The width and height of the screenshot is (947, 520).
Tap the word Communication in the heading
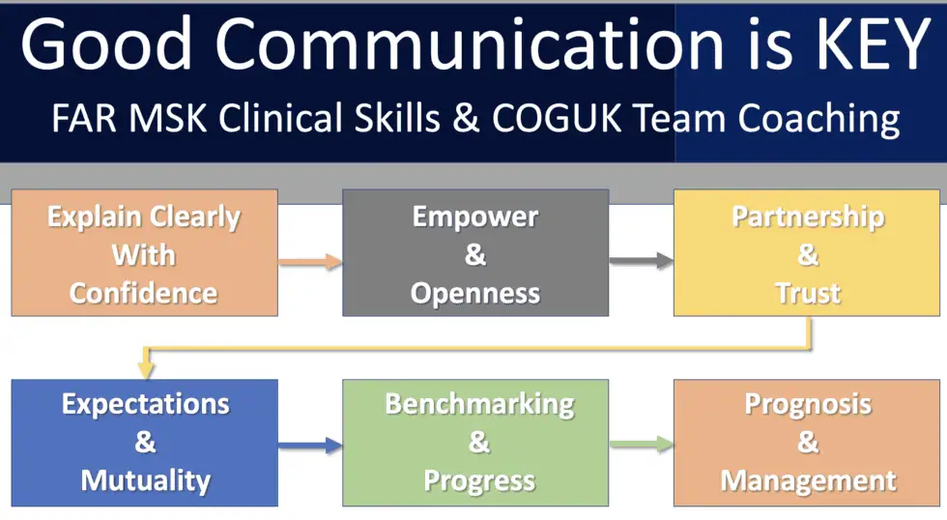pyautogui.click(x=470, y=43)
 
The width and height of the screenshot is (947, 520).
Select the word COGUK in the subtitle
pyautogui.click(x=557, y=118)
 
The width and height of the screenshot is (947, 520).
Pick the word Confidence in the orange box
pyautogui.click(x=144, y=294)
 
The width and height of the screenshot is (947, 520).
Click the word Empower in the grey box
pyautogui.click(x=475, y=217)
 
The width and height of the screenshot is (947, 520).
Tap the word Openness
pyautogui.click(x=475, y=294)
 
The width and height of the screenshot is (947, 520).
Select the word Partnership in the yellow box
pyautogui.click(x=808, y=217)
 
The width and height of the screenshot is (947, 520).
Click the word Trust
pyautogui.click(x=808, y=294)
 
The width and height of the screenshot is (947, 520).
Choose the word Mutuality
pyautogui.click(x=146, y=481)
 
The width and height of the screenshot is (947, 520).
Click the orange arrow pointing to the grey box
pyautogui.click(x=310, y=262)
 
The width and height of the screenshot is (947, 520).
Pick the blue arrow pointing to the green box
pyautogui.click(x=310, y=446)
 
